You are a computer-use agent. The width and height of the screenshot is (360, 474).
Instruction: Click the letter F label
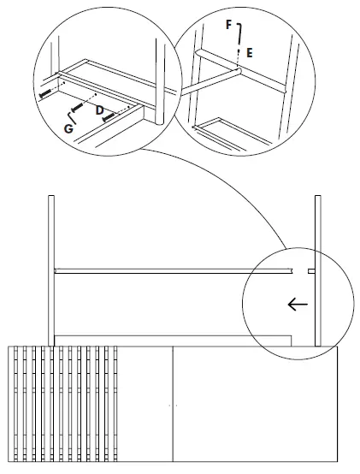(229, 25)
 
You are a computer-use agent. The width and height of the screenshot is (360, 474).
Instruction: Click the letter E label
(249, 51)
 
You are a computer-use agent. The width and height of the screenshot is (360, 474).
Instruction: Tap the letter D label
(99, 110)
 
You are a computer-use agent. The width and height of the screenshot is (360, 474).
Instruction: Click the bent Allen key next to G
(73, 116)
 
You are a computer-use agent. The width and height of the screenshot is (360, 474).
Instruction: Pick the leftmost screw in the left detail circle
(44, 92)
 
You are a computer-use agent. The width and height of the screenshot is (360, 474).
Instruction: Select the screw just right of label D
(109, 118)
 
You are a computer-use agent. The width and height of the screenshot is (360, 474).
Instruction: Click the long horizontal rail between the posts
(171, 271)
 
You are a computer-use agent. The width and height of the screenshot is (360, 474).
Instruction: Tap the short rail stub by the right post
(311, 271)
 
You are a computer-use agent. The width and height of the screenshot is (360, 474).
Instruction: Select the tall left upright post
(50, 270)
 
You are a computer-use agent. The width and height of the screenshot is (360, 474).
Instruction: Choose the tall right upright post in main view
(318, 270)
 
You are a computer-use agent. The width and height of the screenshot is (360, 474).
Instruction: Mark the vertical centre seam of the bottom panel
(174, 402)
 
